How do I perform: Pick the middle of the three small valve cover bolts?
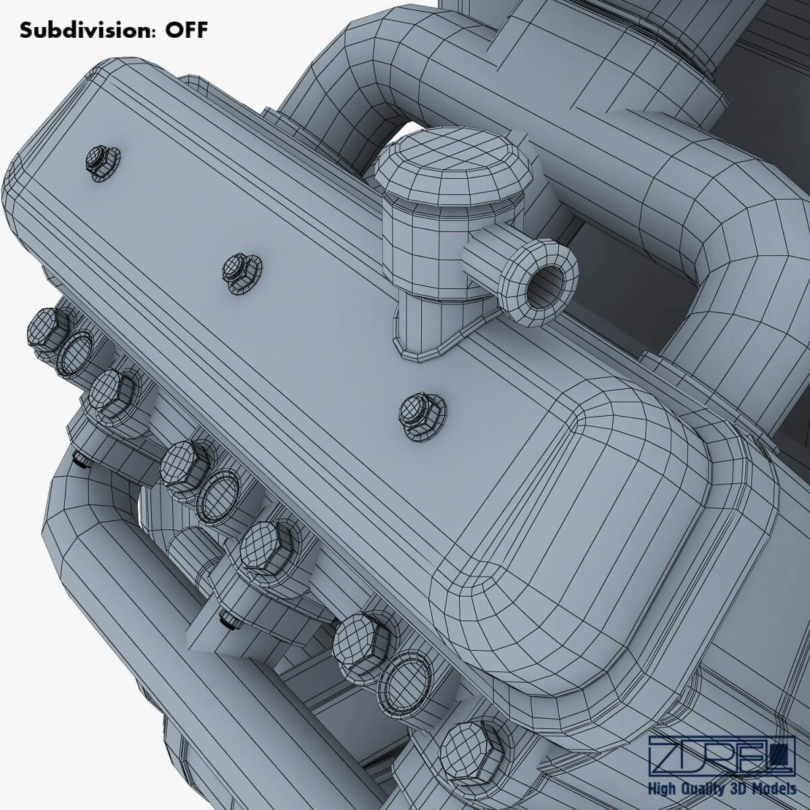[240, 273]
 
